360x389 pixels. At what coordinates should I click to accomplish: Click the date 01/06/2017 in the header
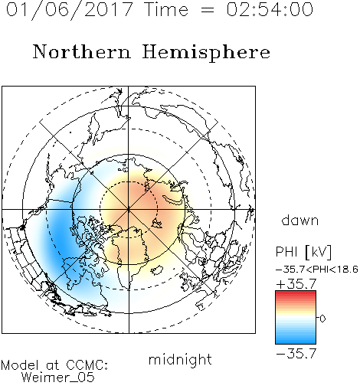(x=70, y=10)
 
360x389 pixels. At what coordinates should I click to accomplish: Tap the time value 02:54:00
(x=270, y=9)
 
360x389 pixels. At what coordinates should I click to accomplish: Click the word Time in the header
(x=166, y=9)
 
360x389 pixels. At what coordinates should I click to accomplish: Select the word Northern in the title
(x=82, y=51)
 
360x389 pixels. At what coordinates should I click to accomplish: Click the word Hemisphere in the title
(x=206, y=53)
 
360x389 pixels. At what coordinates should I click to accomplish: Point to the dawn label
(x=300, y=220)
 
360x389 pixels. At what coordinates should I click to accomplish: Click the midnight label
(x=180, y=359)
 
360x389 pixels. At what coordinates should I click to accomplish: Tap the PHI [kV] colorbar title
(x=303, y=252)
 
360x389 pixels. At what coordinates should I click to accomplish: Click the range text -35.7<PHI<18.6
(x=317, y=269)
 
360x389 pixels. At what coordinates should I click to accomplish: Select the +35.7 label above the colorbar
(x=296, y=284)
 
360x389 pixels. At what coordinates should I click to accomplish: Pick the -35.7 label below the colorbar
(x=296, y=354)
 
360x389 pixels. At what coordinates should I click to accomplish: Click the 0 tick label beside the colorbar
(x=322, y=319)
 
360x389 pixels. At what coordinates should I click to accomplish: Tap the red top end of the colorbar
(x=296, y=293)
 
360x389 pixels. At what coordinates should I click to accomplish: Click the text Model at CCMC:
(x=54, y=365)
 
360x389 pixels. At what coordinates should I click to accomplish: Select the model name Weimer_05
(x=58, y=378)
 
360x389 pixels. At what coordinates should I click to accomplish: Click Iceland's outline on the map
(x=156, y=270)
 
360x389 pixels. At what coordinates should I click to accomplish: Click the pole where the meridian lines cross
(x=129, y=209)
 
